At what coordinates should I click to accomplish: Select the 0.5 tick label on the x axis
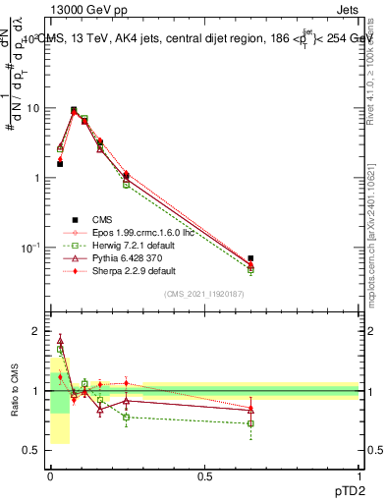pos(204,475)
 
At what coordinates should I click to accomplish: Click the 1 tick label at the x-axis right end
pos(359,475)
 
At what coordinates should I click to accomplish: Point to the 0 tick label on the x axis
pos(50,475)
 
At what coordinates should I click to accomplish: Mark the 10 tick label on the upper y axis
pos(34,108)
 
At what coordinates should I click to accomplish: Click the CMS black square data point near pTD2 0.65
pos(251,258)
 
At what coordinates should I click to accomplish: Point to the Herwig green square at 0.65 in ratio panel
pos(251,423)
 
